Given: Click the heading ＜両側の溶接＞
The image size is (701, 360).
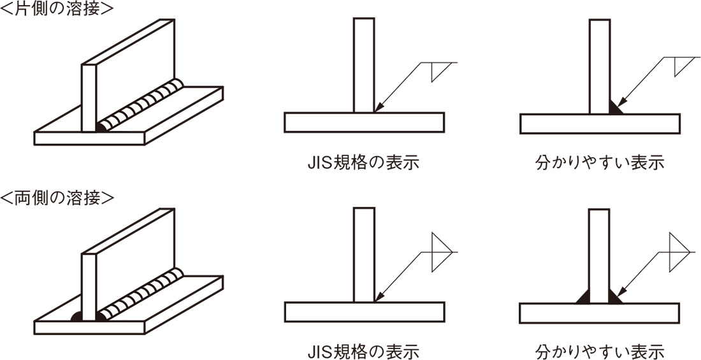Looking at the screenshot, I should pyautogui.click(x=57, y=198).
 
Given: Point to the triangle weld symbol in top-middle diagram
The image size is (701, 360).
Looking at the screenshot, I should pyautogui.click(x=438, y=70).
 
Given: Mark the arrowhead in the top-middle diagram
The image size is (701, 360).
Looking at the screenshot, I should pyautogui.click(x=379, y=108).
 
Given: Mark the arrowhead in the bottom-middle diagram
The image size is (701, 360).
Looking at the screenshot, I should pyautogui.click(x=379, y=297).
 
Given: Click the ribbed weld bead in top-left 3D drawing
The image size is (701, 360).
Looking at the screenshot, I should pyautogui.click(x=143, y=106).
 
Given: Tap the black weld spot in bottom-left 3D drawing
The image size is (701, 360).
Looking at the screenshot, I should pyautogui.click(x=76, y=316).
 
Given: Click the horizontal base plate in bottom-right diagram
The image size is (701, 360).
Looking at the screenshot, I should pyautogui.click(x=600, y=313).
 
